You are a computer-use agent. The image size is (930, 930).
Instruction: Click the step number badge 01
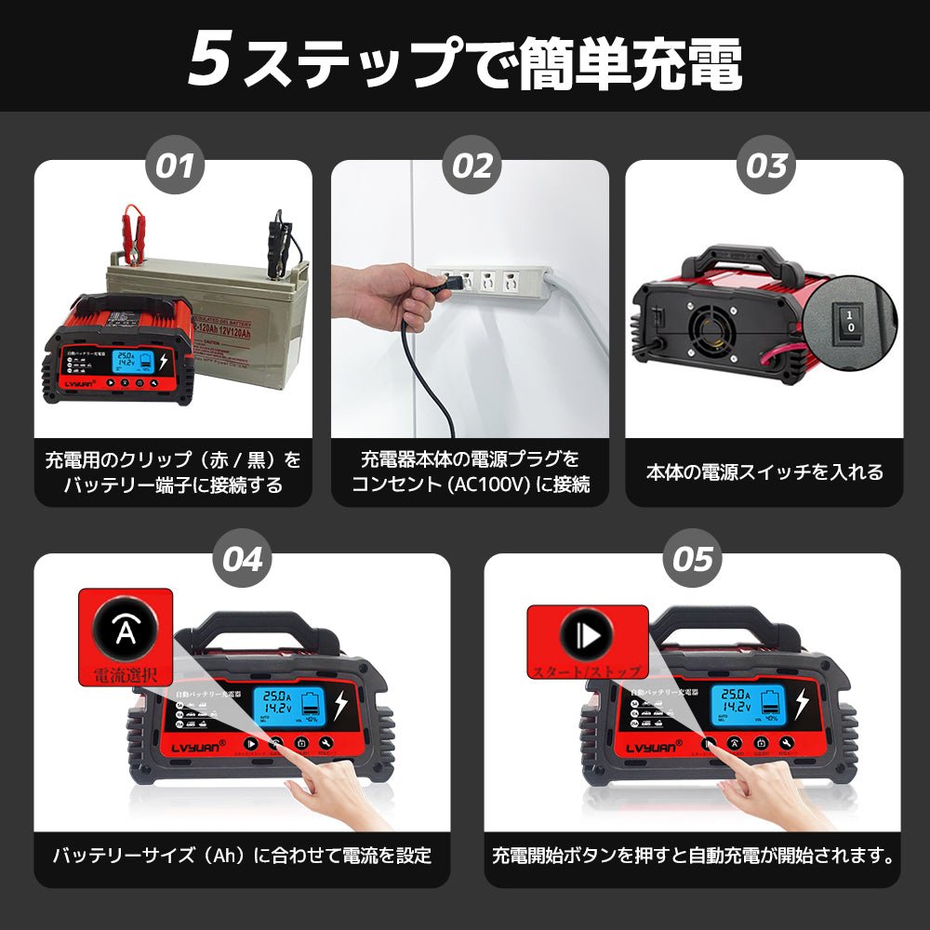click(x=173, y=166)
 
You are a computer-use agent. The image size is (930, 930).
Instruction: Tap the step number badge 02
click(x=472, y=166)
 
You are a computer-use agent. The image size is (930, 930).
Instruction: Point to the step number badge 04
click(x=243, y=559)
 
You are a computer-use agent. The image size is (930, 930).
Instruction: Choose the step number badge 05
click(x=694, y=559)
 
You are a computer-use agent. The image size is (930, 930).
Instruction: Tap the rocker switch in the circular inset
click(x=849, y=321)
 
